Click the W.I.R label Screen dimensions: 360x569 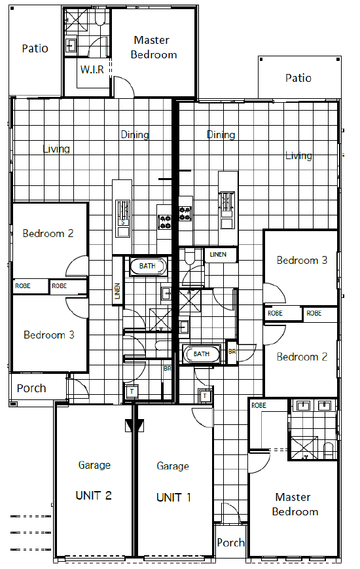click(x=92, y=69)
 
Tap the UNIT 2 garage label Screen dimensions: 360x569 click(x=94, y=495)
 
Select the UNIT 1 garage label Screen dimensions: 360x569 click(x=173, y=497)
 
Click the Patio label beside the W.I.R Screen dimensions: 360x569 click(x=35, y=48)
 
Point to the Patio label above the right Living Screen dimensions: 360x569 click(x=298, y=78)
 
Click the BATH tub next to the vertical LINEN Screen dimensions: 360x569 click(x=148, y=266)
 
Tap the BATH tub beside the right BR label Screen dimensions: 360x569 click(x=202, y=354)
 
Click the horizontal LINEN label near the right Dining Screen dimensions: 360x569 click(x=218, y=255)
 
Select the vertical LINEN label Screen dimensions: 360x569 click(x=117, y=291)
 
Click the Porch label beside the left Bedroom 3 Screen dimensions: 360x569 click(x=31, y=388)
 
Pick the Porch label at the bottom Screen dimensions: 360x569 click(x=230, y=543)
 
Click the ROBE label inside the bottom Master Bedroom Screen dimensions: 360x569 click(x=259, y=405)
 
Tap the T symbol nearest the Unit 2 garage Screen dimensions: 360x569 click(x=132, y=392)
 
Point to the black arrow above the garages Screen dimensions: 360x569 click(x=135, y=425)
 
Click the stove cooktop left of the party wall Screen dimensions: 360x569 click(x=165, y=222)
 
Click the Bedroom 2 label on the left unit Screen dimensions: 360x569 click(x=48, y=233)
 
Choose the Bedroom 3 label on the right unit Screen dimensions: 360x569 click(x=302, y=260)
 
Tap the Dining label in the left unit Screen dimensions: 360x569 click(x=135, y=135)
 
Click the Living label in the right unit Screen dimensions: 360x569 click(x=298, y=156)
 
